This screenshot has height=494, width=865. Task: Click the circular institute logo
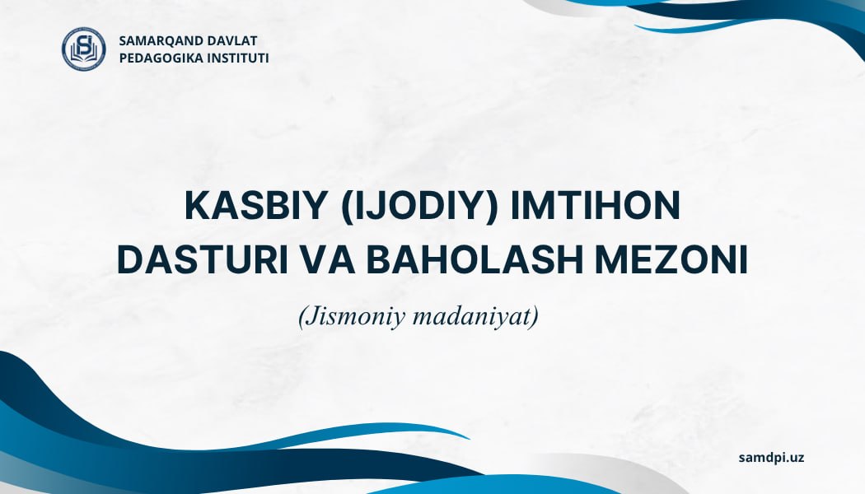click(84, 49)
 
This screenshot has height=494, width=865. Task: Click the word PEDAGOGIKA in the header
click(161, 58)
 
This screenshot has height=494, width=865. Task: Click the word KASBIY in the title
click(256, 206)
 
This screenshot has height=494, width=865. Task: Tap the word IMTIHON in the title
click(596, 206)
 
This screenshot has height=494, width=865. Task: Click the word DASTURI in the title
click(203, 260)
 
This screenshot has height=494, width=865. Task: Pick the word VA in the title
click(328, 260)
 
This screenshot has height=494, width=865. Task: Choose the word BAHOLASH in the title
click(475, 260)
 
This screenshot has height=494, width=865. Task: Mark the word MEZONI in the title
click(671, 260)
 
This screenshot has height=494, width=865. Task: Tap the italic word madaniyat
click(471, 317)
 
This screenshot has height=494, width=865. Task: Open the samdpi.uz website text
click(771, 458)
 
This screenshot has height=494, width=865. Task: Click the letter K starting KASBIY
click(197, 206)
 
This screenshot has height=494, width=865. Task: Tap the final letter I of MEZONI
click(744, 260)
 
